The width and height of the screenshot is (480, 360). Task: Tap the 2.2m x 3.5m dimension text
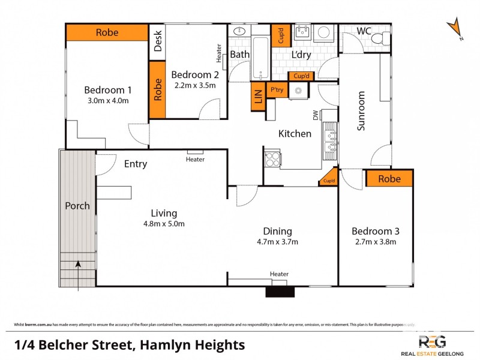click(x=195, y=85)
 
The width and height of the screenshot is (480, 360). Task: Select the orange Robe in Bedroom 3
click(x=389, y=179)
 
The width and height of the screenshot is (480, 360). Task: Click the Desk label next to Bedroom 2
click(x=157, y=40)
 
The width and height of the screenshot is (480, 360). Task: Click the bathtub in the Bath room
click(x=260, y=58)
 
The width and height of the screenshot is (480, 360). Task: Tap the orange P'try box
click(x=277, y=90)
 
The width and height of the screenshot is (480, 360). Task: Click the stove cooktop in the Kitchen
click(x=272, y=159)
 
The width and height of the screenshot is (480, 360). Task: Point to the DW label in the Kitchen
click(x=314, y=114)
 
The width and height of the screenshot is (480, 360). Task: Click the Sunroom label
click(x=361, y=111)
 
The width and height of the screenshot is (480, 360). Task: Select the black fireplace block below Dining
click(x=281, y=292)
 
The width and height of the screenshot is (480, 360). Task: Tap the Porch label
click(x=77, y=206)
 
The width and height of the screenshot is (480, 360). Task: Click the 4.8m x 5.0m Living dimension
click(x=164, y=224)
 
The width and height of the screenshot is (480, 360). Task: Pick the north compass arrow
click(x=455, y=28)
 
